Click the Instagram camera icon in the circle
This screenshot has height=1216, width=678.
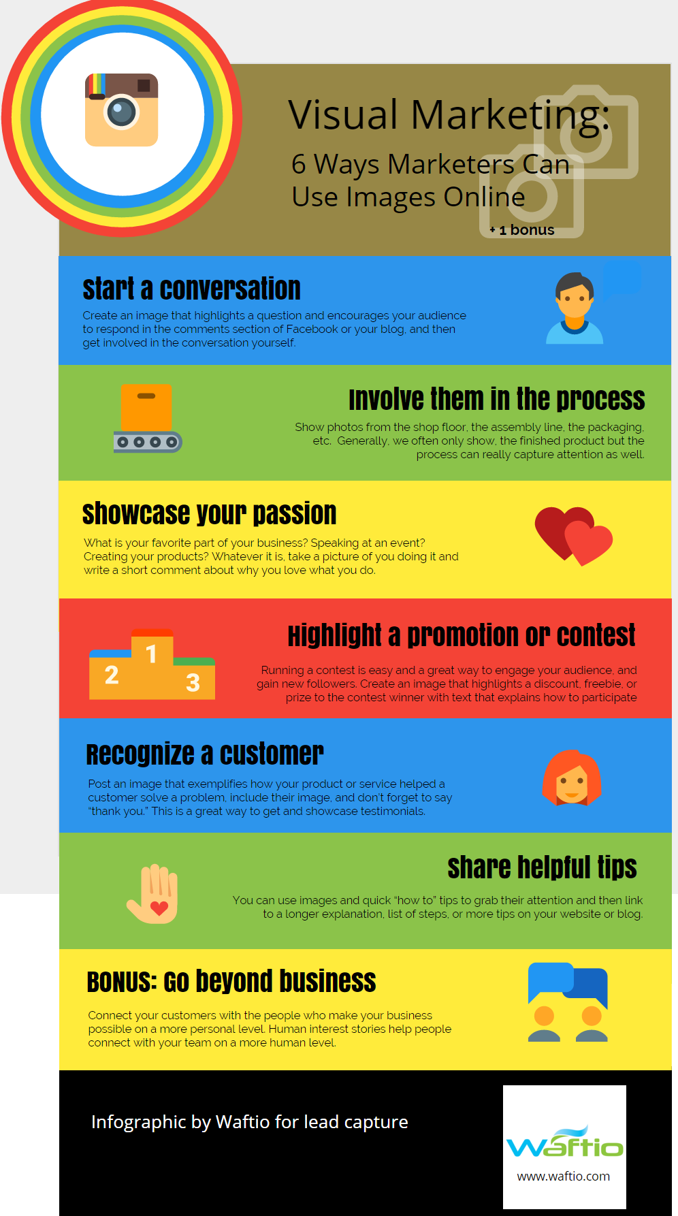pyautogui.click(x=121, y=110)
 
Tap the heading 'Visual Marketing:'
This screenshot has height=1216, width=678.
pyautogui.click(x=449, y=114)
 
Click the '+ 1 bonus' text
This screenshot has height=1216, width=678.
pyautogui.click(x=522, y=230)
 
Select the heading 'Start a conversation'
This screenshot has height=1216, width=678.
pyautogui.click(x=191, y=289)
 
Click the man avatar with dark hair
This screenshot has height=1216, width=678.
pyautogui.click(x=575, y=308)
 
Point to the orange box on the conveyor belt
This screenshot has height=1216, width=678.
pyautogui.click(x=146, y=407)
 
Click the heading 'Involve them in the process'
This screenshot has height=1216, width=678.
pyautogui.click(x=497, y=399)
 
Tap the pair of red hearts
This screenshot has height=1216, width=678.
pyautogui.click(x=573, y=536)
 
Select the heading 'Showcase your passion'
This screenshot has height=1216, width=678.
pyautogui.click(x=210, y=514)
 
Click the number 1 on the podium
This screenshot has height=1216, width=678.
pyautogui.click(x=151, y=654)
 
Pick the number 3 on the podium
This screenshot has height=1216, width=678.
pyautogui.click(x=193, y=682)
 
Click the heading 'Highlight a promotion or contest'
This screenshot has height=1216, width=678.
pyautogui.click(x=462, y=635)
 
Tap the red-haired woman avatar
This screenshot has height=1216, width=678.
pyautogui.click(x=572, y=778)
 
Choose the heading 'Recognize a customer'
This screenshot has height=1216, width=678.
pyautogui.click(x=205, y=754)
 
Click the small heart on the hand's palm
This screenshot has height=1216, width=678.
pyautogui.click(x=159, y=908)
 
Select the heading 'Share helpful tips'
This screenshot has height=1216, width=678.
pyautogui.click(x=542, y=867)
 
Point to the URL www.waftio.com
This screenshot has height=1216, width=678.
pyautogui.click(x=564, y=1176)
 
